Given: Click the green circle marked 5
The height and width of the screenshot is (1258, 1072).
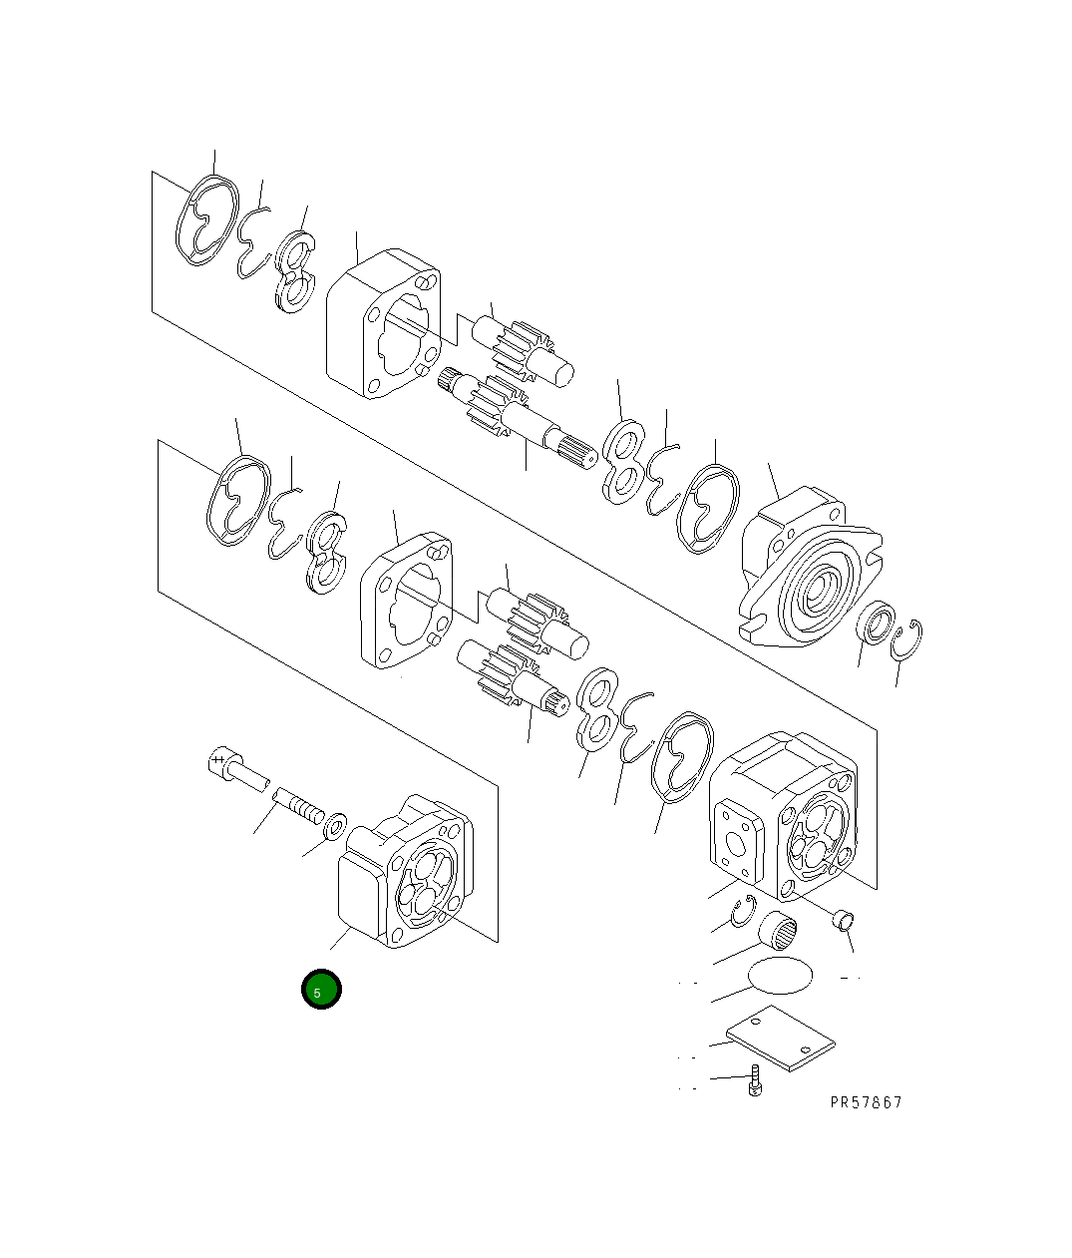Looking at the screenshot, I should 321,990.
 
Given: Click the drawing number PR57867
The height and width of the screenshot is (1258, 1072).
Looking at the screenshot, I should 865,1102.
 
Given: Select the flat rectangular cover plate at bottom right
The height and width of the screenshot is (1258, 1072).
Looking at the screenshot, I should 780,1040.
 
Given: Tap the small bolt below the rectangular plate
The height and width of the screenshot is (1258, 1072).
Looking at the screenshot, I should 756,1080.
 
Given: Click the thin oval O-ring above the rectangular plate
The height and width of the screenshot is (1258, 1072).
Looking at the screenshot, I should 779,975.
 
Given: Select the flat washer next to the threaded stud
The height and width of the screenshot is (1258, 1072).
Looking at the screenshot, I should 335,823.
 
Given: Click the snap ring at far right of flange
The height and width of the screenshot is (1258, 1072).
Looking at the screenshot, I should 907,639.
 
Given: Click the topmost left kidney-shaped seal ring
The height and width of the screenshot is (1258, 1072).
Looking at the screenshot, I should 207,221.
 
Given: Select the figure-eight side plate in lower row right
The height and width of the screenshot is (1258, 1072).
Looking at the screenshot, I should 597,709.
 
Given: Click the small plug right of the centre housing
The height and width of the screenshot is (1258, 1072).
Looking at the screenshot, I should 843,919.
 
